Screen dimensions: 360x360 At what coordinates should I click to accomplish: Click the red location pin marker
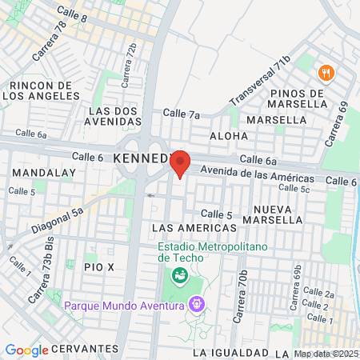(x=181, y=163)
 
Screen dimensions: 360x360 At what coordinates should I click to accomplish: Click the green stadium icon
(x=181, y=276)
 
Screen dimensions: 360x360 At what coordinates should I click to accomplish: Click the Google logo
(x=26, y=350)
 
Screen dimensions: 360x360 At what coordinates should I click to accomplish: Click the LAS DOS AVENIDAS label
(x=113, y=115)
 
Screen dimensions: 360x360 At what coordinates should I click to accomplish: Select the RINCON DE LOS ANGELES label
(x=42, y=90)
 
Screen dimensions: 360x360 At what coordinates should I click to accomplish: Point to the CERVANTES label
(x=83, y=349)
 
